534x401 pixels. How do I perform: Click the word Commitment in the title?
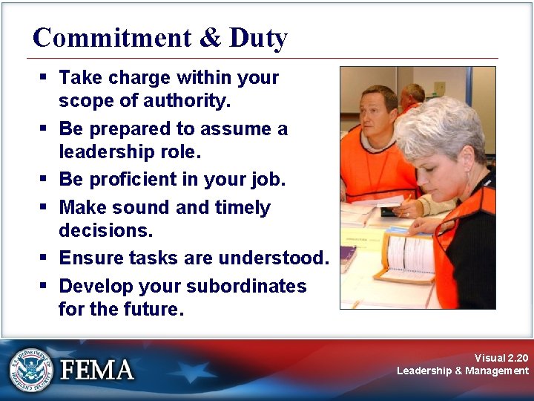click(x=102, y=38)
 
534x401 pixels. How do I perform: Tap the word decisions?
click(x=105, y=231)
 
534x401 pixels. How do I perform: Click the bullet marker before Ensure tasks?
click(x=45, y=258)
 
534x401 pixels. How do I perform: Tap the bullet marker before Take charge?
click(x=45, y=77)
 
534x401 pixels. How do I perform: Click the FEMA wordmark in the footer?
click(x=97, y=370)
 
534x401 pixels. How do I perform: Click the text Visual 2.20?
click(x=501, y=358)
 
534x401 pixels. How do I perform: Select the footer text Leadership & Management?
click(x=463, y=371)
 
